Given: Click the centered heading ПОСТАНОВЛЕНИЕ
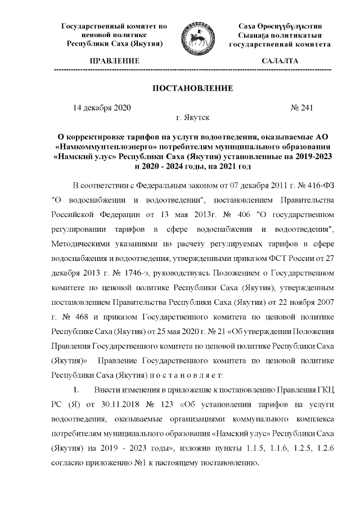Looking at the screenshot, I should (192, 88).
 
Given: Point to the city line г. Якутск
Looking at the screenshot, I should (193, 118).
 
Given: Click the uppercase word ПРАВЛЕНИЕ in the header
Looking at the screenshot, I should (114, 60).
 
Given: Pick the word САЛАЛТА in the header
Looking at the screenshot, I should (280, 60).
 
